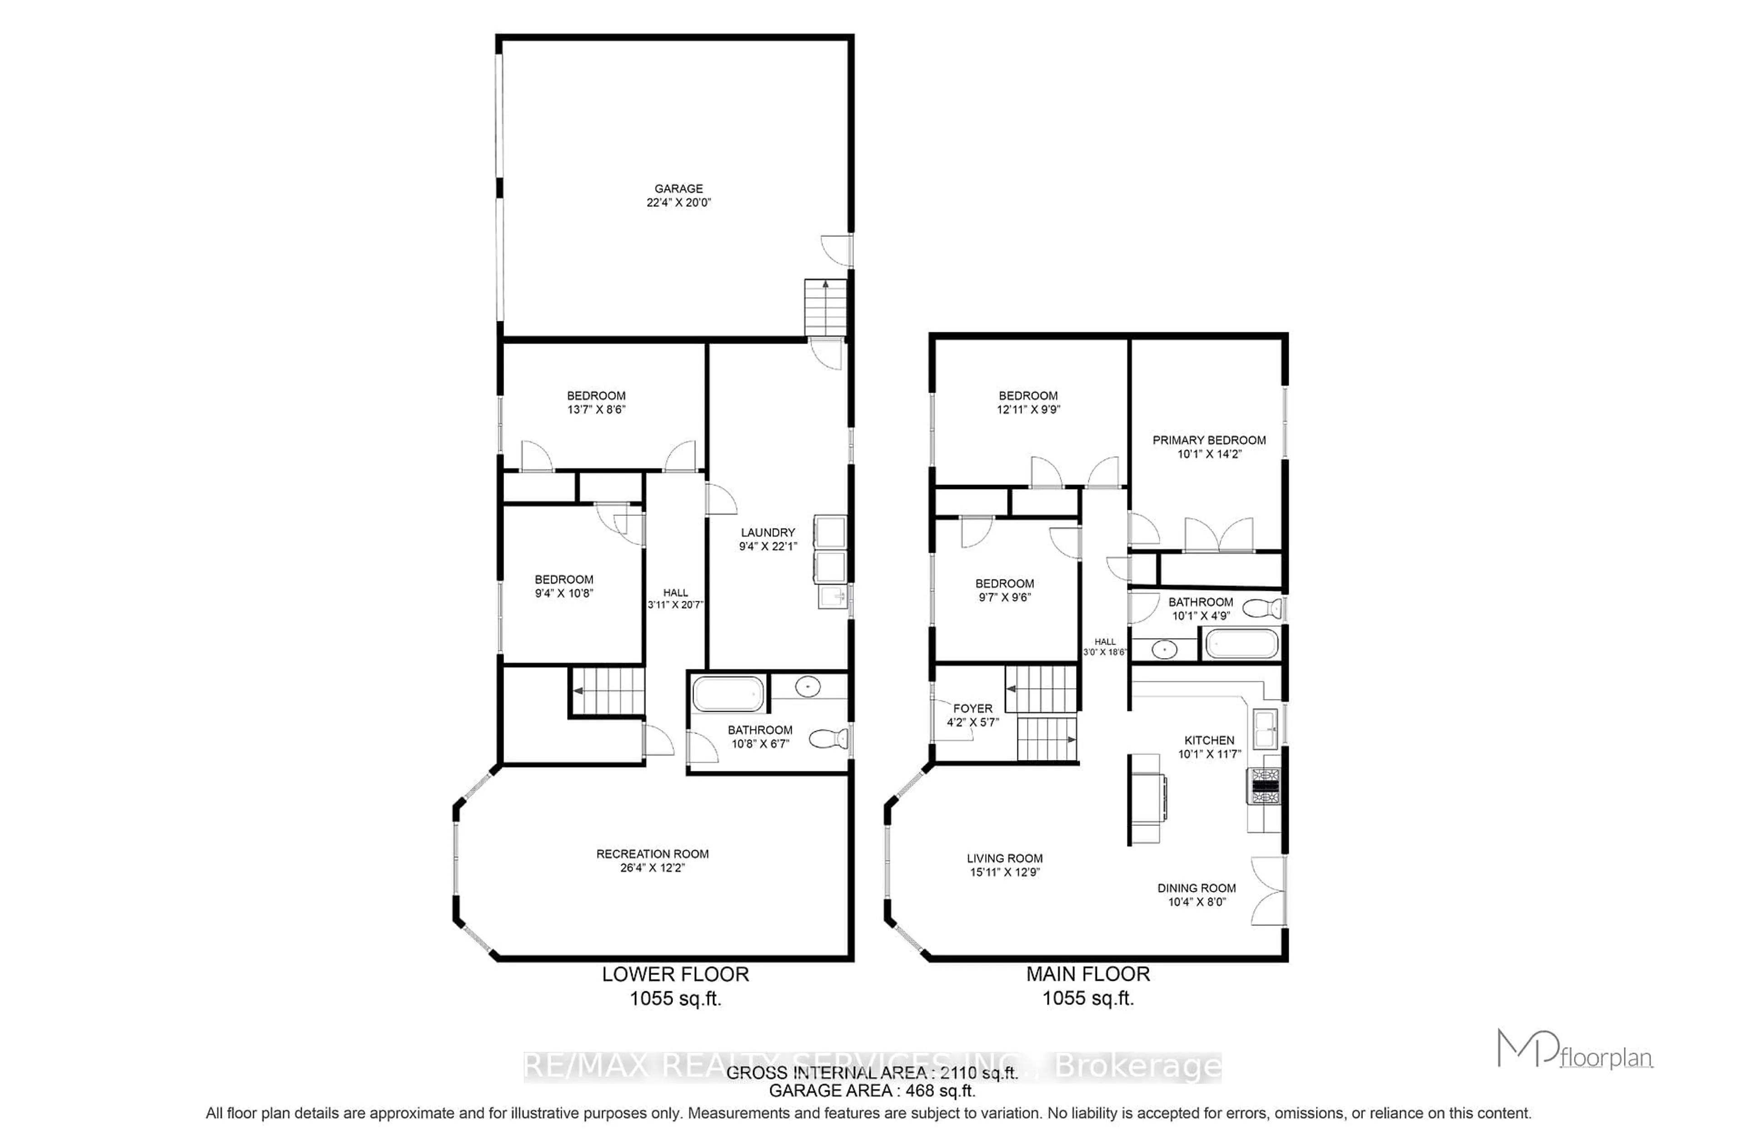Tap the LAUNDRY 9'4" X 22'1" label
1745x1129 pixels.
[x=768, y=539]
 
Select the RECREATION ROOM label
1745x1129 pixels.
[x=652, y=860]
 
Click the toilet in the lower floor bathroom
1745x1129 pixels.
[x=829, y=738]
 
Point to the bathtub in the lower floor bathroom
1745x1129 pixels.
[x=728, y=694]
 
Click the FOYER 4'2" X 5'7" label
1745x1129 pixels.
[x=972, y=715]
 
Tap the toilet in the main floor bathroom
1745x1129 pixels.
[x=1262, y=608]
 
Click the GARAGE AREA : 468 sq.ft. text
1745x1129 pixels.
[x=872, y=1090]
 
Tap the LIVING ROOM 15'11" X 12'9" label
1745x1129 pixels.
[x=1003, y=864]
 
